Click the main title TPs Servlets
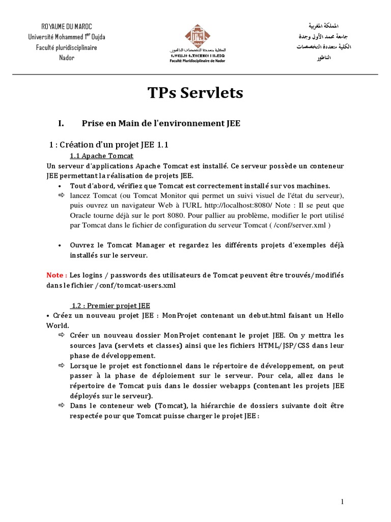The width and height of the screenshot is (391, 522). tap(195, 93)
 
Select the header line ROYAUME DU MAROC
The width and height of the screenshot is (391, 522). tap(67, 26)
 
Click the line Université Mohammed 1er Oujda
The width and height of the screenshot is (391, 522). tap(67, 37)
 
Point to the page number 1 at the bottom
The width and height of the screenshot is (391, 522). tap(342, 502)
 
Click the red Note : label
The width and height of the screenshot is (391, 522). tap(57, 275)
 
